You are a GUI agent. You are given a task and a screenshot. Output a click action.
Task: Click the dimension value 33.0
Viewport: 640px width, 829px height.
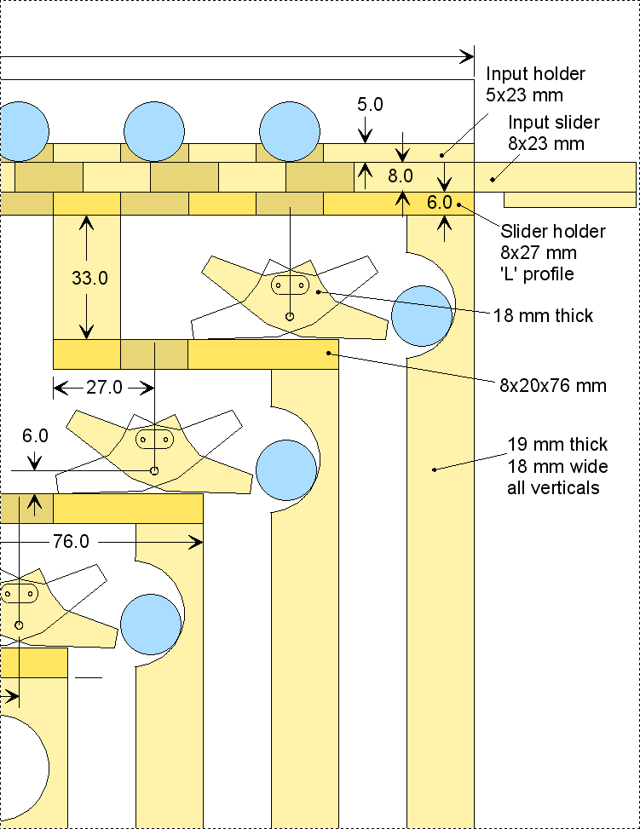pyautogui.click(x=90, y=278)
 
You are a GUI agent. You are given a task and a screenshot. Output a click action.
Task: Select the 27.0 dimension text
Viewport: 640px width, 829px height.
pyautogui.click(x=104, y=388)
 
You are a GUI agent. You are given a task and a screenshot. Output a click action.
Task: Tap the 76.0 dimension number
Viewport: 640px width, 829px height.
pyautogui.click(x=71, y=541)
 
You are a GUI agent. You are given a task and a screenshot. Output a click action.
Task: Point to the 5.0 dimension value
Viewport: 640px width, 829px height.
pyautogui.click(x=370, y=104)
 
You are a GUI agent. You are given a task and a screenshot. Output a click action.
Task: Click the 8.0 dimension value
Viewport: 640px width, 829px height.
pyautogui.click(x=401, y=176)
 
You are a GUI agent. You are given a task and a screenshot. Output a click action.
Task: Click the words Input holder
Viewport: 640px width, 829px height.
pyautogui.click(x=535, y=73)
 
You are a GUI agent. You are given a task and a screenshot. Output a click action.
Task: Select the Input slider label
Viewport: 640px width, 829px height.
pyautogui.click(x=554, y=122)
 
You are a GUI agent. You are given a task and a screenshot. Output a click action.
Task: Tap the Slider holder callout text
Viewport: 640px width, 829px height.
pyautogui.click(x=553, y=231)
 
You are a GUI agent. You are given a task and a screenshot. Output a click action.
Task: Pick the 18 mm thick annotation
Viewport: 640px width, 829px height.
pyautogui.click(x=543, y=315)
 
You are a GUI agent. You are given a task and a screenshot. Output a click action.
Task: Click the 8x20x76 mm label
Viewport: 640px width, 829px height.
pyautogui.click(x=553, y=385)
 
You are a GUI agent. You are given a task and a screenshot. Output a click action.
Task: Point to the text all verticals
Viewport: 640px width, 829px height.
pyautogui.click(x=553, y=487)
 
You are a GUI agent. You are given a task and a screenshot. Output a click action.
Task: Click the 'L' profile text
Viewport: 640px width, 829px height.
pyautogui.click(x=537, y=273)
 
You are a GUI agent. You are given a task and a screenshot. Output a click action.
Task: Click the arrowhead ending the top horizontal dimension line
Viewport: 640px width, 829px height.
pyautogui.click(x=468, y=56)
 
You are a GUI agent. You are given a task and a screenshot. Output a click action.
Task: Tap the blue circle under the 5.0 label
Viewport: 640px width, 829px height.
pyautogui.click(x=290, y=132)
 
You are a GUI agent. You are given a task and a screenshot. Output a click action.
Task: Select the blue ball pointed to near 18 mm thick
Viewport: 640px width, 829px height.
pyautogui.click(x=422, y=316)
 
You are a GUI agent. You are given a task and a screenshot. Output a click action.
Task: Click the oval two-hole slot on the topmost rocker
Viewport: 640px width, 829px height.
pyautogui.click(x=290, y=285)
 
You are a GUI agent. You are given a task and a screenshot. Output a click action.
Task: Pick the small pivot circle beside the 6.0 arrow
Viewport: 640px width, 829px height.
pyautogui.click(x=154, y=470)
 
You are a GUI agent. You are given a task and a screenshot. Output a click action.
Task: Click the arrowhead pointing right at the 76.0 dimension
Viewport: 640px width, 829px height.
pyautogui.click(x=196, y=542)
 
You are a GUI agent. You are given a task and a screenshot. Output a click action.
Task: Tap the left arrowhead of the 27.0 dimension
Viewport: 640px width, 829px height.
pyautogui.click(x=61, y=388)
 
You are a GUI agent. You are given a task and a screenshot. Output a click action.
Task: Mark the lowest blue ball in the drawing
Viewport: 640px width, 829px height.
pyautogui.click(x=151, y=625)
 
